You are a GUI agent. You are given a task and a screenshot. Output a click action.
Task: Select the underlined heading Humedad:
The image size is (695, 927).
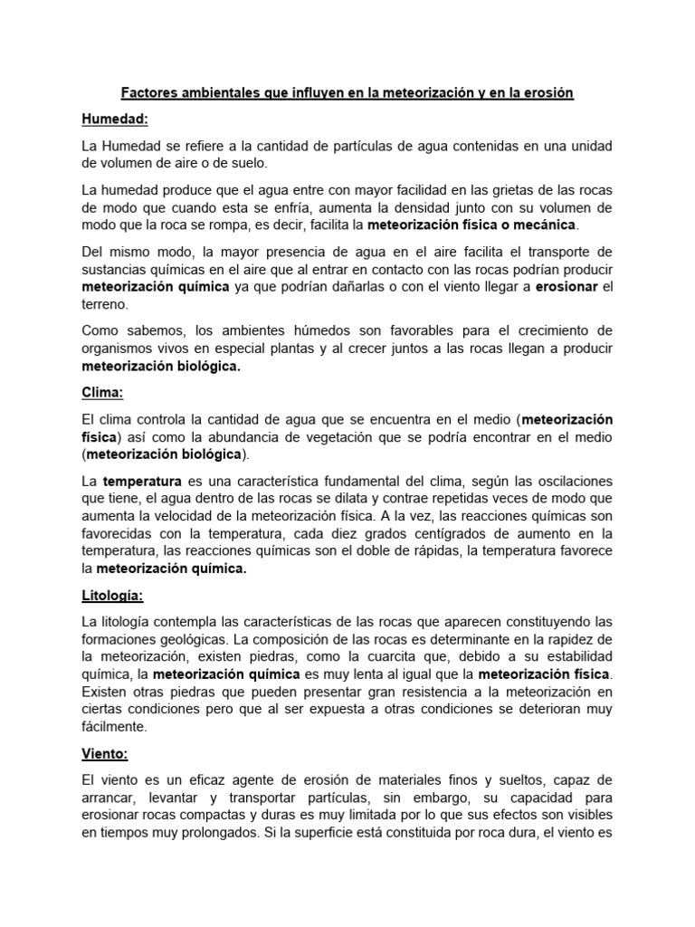pos(114,119)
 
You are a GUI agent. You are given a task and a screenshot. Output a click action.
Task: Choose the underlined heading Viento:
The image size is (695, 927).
pos(106,752)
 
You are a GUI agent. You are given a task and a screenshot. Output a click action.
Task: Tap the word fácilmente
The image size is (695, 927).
pos(114,726)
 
